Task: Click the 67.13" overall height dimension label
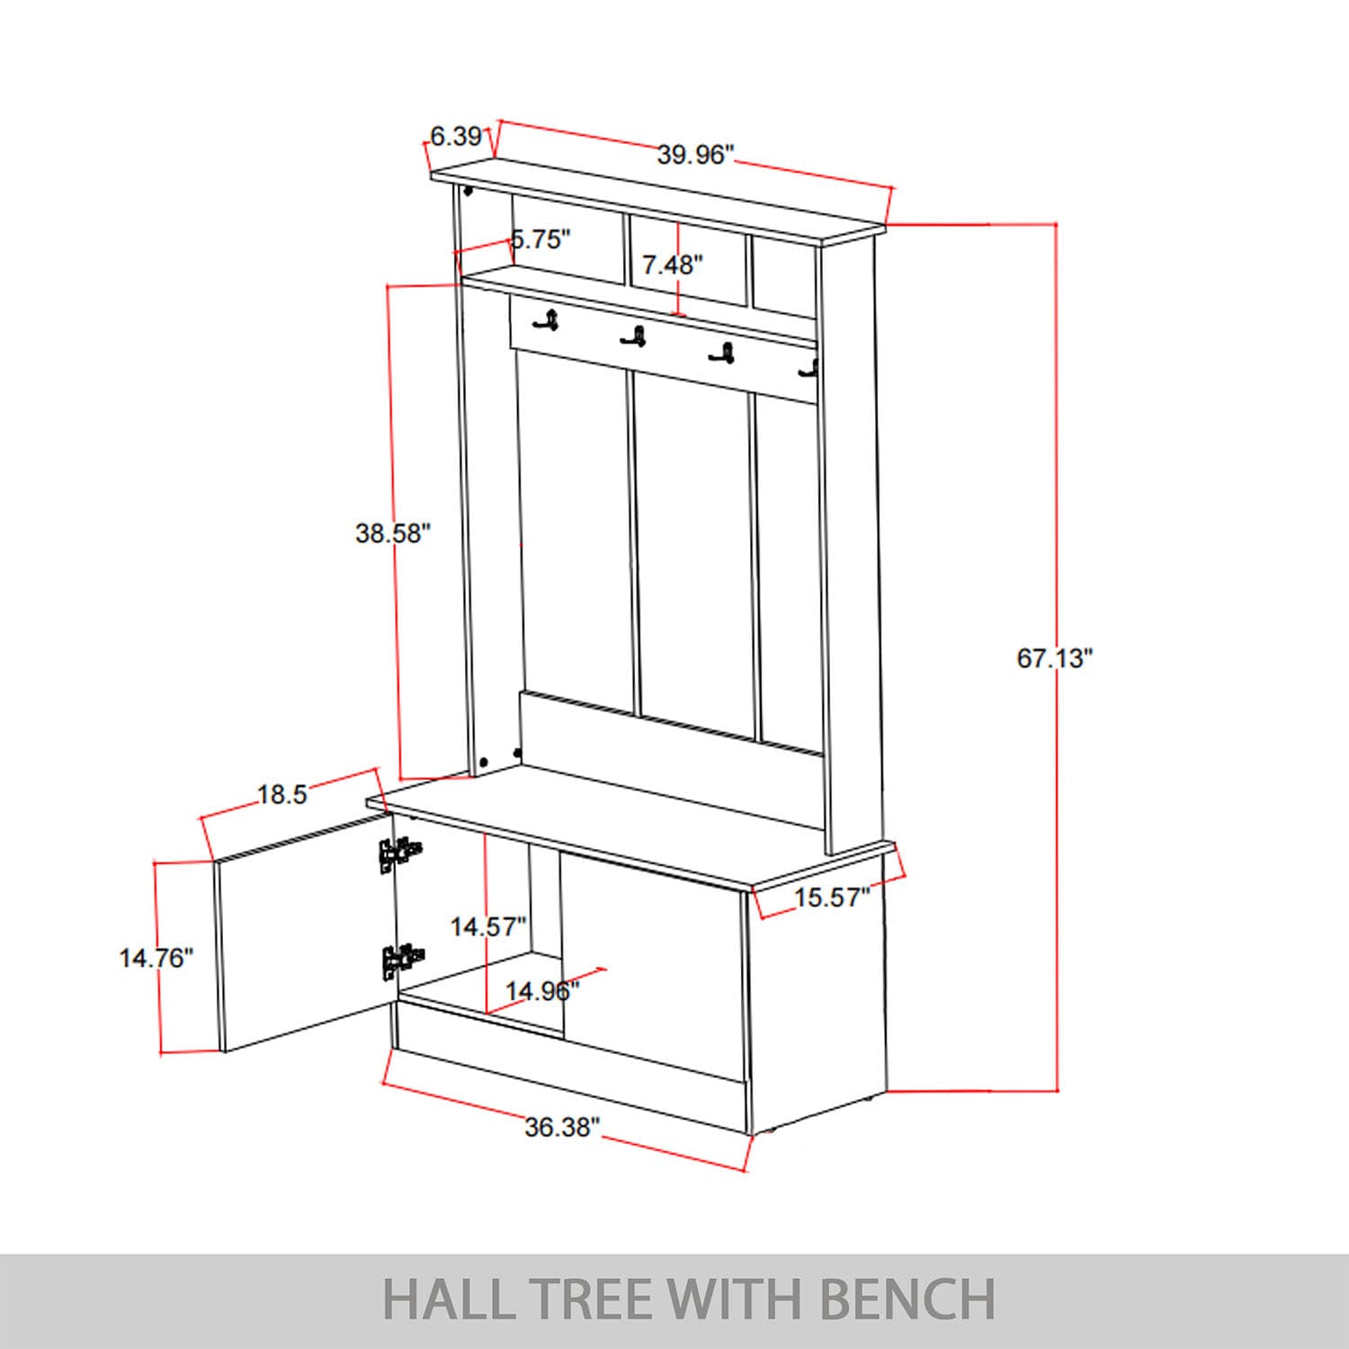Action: click(1054, 658)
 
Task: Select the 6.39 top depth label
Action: click(456, 137)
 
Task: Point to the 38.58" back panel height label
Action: click(393, 533)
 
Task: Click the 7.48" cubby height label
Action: click(672, 264)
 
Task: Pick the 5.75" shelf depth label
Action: click(541, 239)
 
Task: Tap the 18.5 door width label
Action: click(282, 795)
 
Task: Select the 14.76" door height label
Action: click(156, 958)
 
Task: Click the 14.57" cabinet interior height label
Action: click(488, 926)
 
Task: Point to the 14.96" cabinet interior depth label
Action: click(541, 991)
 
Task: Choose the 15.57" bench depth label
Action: click(832, 897)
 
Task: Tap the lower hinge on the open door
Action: click(401, 960)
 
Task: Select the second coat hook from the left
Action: click(634, 336)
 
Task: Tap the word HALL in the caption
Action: click(447, 1300)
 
